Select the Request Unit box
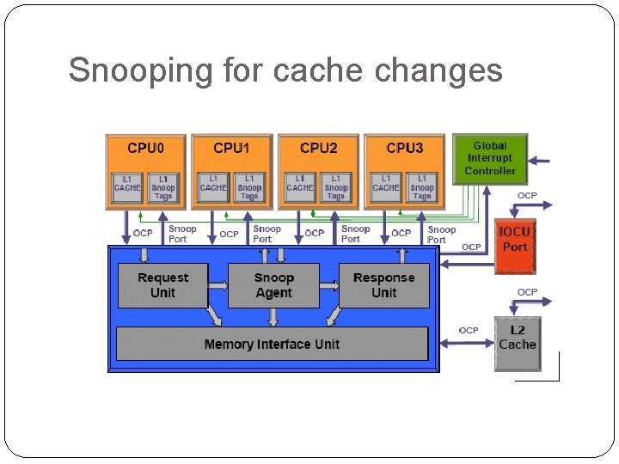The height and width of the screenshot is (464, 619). coord(162,285)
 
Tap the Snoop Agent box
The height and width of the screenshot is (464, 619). coord(273,285)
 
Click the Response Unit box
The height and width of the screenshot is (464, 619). coord(383,285)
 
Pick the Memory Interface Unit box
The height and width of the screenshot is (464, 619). coord(272,344)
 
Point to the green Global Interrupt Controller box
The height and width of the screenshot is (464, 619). coord(490,158)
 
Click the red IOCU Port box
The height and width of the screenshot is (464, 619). coord(515,241)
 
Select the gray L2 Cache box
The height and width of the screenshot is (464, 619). coord(518,338)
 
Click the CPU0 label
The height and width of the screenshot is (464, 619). coord(145,148)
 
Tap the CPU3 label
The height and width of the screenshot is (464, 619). coord(404,148)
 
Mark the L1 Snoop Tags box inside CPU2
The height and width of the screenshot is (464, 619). coord(336,188)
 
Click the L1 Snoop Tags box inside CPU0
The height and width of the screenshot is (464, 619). coord(163,188)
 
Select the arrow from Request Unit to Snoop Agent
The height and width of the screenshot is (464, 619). coord(218,286)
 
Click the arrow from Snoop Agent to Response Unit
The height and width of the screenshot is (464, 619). coord(329,286)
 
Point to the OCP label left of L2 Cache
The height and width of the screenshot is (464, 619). coord(469,330)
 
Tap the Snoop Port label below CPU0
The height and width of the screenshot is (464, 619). coord(182,234)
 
